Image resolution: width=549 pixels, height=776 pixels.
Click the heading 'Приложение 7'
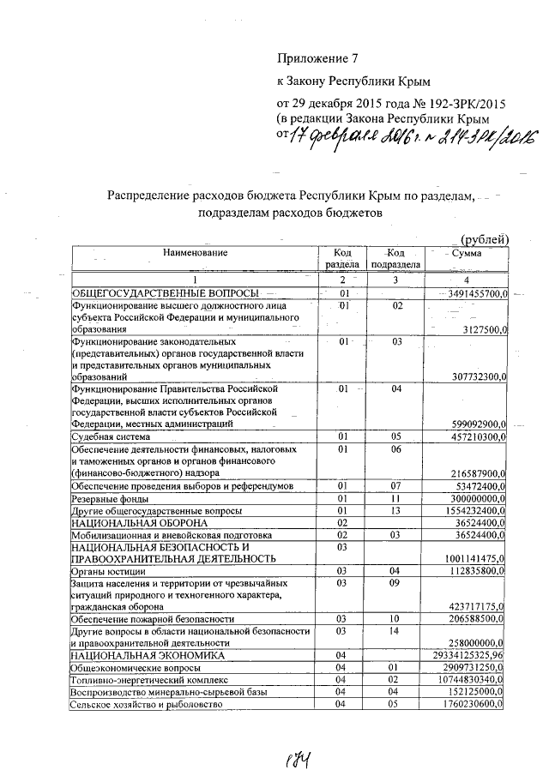point(316,59)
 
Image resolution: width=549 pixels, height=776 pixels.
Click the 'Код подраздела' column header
point(395,258)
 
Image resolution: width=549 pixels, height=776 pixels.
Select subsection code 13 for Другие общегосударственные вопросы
point(395,510)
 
